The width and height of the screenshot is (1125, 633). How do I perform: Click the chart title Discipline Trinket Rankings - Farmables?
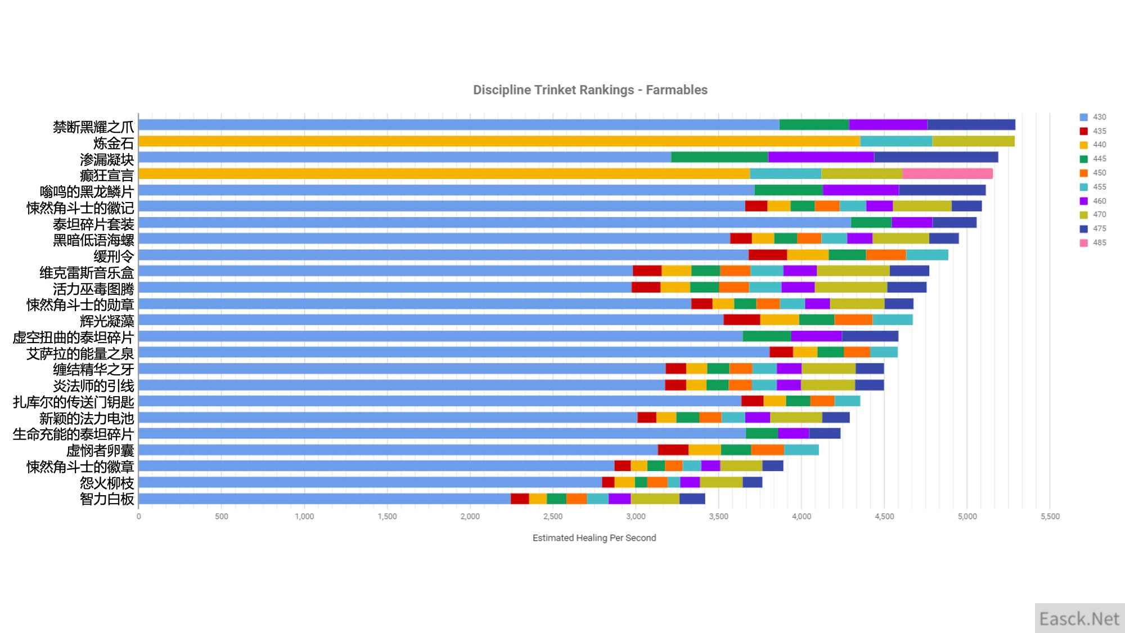tap(590, 90)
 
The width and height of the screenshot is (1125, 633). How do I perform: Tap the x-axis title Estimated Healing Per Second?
tap(594, 538)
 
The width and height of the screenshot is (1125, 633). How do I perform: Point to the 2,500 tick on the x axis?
tap(553, 517)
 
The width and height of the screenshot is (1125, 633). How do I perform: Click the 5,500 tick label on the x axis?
tap(1050, 517)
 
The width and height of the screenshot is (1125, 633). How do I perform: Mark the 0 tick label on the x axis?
tap(139, 517)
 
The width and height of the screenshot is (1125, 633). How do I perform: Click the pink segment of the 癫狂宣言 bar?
tap(947, 174)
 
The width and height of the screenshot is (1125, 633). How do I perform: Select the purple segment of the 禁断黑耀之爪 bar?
tap(888, 125)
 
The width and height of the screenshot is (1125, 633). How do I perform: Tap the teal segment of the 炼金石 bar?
tap(896, 141)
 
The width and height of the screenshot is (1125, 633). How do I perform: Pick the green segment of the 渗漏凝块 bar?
tap(719, 158)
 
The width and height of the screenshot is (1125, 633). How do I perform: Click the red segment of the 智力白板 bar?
tap(520, 499)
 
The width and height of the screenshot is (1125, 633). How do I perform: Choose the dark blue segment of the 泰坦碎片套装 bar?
tap(954, 222)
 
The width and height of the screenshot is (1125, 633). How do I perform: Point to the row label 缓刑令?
tap(114, 257)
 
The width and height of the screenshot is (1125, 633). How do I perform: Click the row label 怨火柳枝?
tap(107, 483)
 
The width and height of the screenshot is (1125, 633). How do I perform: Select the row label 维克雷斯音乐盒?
tap(87, 273)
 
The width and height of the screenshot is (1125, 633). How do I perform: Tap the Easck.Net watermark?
tap(1079, 619)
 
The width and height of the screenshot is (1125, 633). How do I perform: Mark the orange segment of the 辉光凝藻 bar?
tap(853, 320)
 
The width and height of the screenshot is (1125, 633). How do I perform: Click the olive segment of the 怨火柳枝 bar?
tap(721, 483)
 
